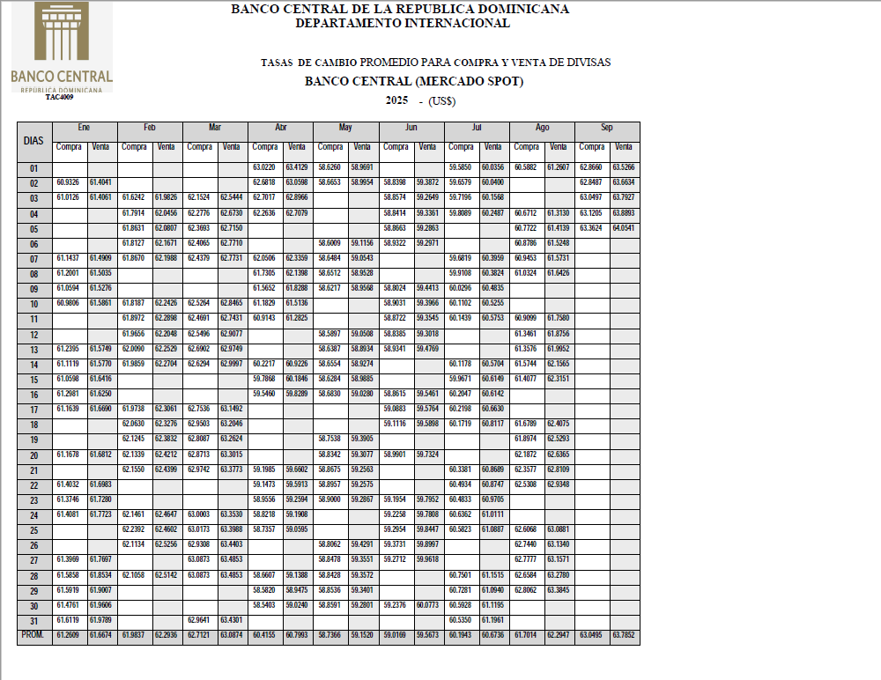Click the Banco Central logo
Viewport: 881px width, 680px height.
(x=61, y=46)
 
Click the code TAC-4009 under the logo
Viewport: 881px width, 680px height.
(x=60, y=97)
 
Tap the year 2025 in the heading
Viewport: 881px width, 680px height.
(x=396, y=100)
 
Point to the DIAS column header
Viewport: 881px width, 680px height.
(x=34, y=140)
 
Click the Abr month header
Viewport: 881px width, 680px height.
(x=281, y=128)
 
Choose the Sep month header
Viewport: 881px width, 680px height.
(x=607, y=128)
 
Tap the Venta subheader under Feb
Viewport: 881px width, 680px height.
(x=166, y=146)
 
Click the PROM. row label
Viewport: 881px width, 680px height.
(x=34, y=635)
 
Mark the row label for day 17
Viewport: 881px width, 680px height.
(x=34, y=410)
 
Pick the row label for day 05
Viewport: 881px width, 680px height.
(x=34, y=228)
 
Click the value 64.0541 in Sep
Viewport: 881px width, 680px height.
(x=624, y=228)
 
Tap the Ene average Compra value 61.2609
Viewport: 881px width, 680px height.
(x=69, y=635)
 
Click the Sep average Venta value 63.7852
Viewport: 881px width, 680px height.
(x=624, y=635)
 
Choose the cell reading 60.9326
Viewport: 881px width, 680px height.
(x=69, y=182)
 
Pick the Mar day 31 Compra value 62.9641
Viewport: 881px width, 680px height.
(x=199, y=620)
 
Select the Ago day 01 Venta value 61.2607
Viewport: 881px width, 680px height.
(x=559, y=167)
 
